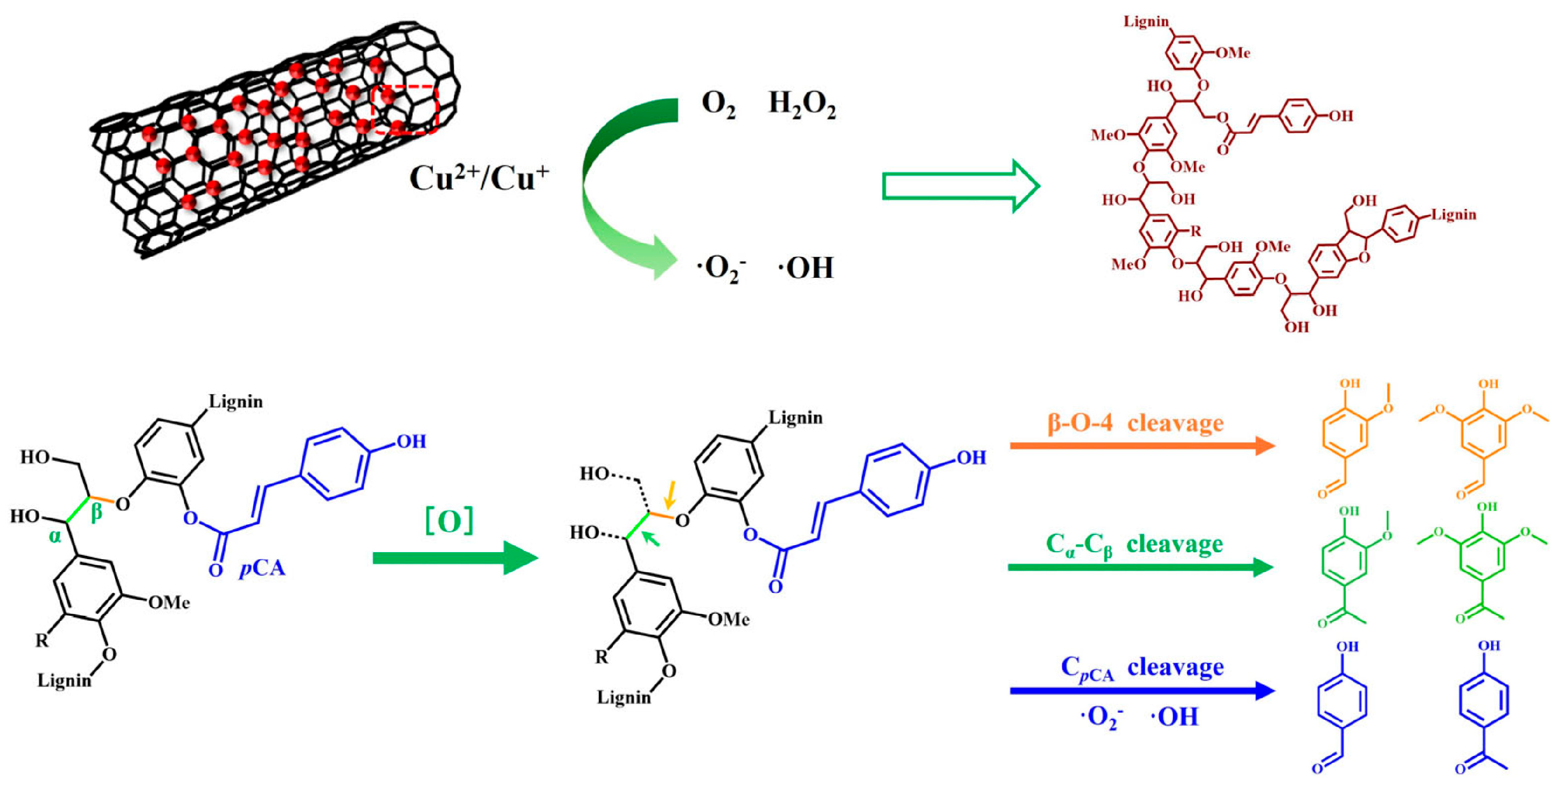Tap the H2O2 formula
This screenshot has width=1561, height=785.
pyautogui.click(x=802, y=104)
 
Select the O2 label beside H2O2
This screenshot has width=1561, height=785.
pyautogui.click(x=718, y=104)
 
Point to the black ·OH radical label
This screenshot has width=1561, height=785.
pyautogui.click(x=806, y=268)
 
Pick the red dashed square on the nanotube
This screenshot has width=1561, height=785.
pyautogui.click(x=404, y=109)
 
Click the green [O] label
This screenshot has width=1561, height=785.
pyautogui.click(x=449, y=520)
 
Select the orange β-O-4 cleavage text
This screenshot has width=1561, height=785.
pyautogui.click(x=1135, y=422)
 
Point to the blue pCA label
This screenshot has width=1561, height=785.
pyautogui.click(x=262, y=568)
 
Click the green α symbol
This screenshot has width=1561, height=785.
pyautogui.click(x=55, y=536)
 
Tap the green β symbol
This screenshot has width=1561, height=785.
pyautogui.click(x=96, y=512)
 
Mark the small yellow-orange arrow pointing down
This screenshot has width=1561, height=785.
pyautogui.click(x=669, y=494)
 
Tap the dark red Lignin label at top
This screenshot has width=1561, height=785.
pyautogui.click(x=1145, y=21)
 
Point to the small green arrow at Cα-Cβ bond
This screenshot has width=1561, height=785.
pyautogui.click(x=651, y=537)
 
